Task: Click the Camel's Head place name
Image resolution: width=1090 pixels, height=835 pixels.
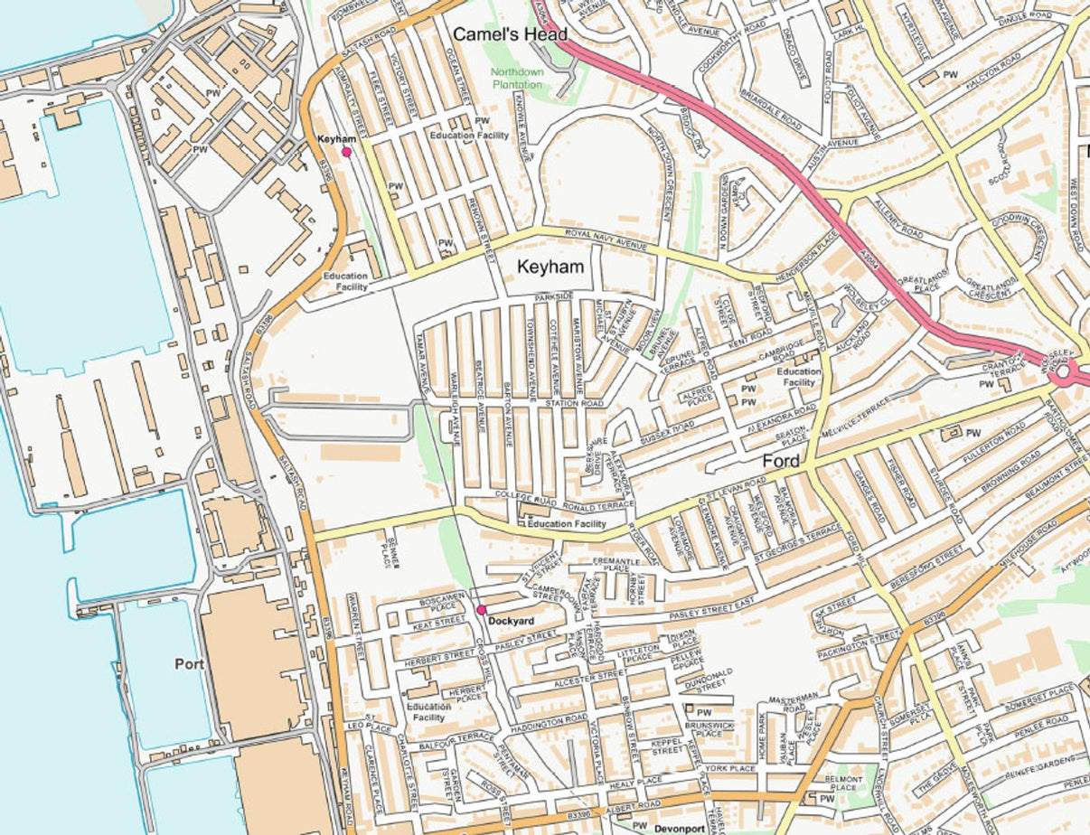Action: [x=510, y=34]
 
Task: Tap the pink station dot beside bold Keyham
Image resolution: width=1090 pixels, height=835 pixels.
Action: [x=346, y=153]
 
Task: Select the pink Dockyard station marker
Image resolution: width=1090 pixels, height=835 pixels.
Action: [x=482, y=611]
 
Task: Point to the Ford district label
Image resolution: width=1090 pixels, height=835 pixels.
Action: [x=781, y=462]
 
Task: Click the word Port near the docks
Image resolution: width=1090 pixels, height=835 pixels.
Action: [x=190, y=663]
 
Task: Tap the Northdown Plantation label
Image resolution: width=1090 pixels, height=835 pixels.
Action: [x=518, y=78]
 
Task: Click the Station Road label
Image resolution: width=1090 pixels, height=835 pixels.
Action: [x=574, y=403]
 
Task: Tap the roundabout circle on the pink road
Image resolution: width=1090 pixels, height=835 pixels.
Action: [x=1065, y=371]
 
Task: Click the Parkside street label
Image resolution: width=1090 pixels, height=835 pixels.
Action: [x=554, y=296]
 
